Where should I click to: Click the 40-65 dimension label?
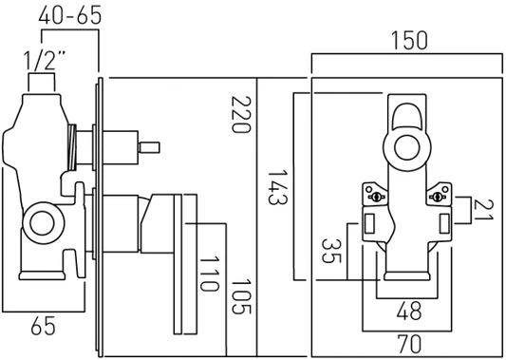pos(69,15)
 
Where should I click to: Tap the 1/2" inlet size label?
pos(45,61)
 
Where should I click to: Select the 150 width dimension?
pos(409,40)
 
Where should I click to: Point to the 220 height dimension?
pos(241,114)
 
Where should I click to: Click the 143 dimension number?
pos(277,187)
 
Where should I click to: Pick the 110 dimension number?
pos(210,274)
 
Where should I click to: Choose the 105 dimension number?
pos(241,296)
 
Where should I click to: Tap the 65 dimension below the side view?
pos(44,326)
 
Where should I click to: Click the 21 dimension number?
pos(484,210)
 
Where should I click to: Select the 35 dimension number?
pos(331,251)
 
